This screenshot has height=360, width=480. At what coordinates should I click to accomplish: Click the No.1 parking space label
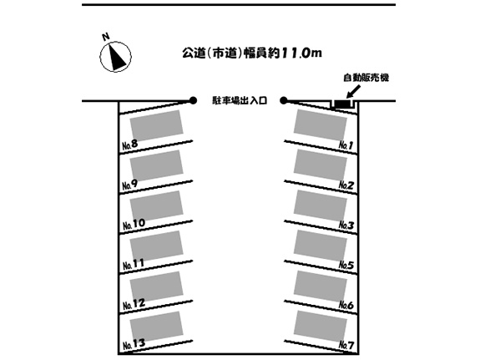[x=346, y=145]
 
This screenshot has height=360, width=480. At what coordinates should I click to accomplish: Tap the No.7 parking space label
[x=346, y=345]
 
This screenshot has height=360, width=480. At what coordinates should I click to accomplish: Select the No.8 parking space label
[x=130, y=145]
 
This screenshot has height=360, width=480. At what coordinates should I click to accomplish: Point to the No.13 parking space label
[x=134, y=344]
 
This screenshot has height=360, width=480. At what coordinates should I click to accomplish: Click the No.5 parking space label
[x=346, y=265]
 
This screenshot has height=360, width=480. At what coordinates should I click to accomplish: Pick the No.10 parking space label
[x=134, y=225]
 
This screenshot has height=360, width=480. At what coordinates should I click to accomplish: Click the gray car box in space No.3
[x=321, y=205]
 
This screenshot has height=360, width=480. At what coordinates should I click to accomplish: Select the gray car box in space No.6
[x=321, y=286]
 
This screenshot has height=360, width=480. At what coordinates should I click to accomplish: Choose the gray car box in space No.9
[x=156, y=165]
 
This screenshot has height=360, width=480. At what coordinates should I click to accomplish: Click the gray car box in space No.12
[x=156, y=286]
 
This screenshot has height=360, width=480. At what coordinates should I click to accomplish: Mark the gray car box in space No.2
[x=321, y=165]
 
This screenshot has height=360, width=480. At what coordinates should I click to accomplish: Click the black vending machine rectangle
[x=343, y=104]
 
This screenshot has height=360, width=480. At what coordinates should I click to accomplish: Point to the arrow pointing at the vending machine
[x=353, y=92]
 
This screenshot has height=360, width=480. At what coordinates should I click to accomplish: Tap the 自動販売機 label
[x=366, y=78]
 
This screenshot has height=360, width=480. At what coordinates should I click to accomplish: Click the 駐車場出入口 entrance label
[x=240, y=100]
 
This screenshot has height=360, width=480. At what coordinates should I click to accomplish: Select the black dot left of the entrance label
[x=193, y=100]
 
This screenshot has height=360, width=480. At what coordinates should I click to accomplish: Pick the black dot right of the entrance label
[x=284, y=100]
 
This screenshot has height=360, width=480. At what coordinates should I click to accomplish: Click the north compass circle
[x=116, y=57]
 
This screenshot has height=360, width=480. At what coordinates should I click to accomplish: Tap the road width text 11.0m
[x=301, y=53]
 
